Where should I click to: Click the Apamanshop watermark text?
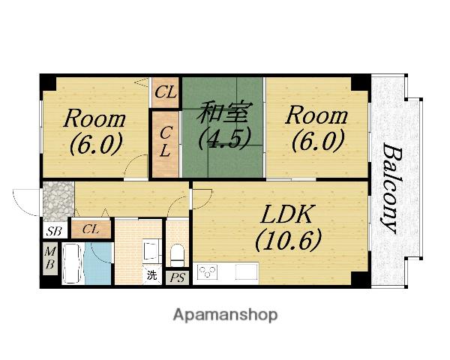tap(225, 315)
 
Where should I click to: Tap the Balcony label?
tap(391, 188)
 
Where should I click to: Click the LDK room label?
tap(286, 214)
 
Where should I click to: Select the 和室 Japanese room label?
tap(225, 112)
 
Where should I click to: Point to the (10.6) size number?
tap(288, 241)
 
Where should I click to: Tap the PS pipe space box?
tap(178, 277)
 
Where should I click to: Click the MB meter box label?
tap(50, 259)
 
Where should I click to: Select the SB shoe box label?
tap(55, 230)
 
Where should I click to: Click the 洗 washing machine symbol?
tap(152, 275)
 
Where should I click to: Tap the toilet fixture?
tap(177, 255)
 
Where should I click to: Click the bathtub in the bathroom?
tap(73, 263)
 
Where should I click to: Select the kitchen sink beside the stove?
tap(246, 271)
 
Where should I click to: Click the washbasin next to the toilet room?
tap(151, 250)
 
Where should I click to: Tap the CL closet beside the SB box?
tap(91, 229)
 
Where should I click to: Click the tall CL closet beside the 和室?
tap(165, 144)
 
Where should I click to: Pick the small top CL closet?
tap(165, 92)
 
